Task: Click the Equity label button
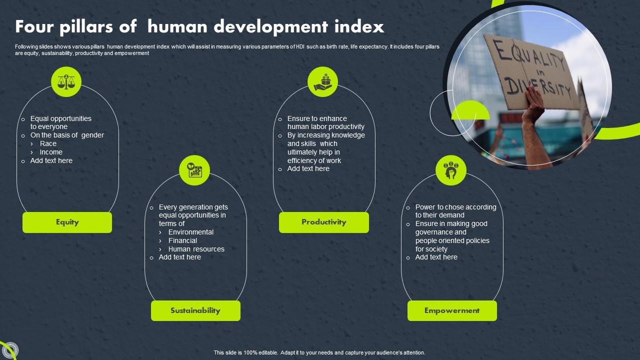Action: (x=67, y=222)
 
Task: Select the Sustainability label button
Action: (x=195, y=310)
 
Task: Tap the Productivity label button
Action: (x=323, y=222)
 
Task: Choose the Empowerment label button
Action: (x=452, y=310)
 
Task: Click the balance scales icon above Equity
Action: (x=66, y=81)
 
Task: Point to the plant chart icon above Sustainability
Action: (x=194, y=170)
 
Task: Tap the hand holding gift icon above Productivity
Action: (x=322, y=81)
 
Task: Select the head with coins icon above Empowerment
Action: (x=451, y=170)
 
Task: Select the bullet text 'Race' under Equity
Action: (x=48, y=143)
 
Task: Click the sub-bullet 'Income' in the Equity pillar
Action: (x=51, y=152)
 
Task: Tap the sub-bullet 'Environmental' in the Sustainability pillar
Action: (x=190, y=232)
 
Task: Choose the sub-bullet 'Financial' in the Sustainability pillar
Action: (x=182, y=240)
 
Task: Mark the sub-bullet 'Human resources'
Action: (x=196, y=249)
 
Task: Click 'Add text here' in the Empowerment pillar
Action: (x=436, y=257)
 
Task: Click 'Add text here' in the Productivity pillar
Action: (x=308, y=168)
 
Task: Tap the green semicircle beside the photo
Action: (x=470, y=111)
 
